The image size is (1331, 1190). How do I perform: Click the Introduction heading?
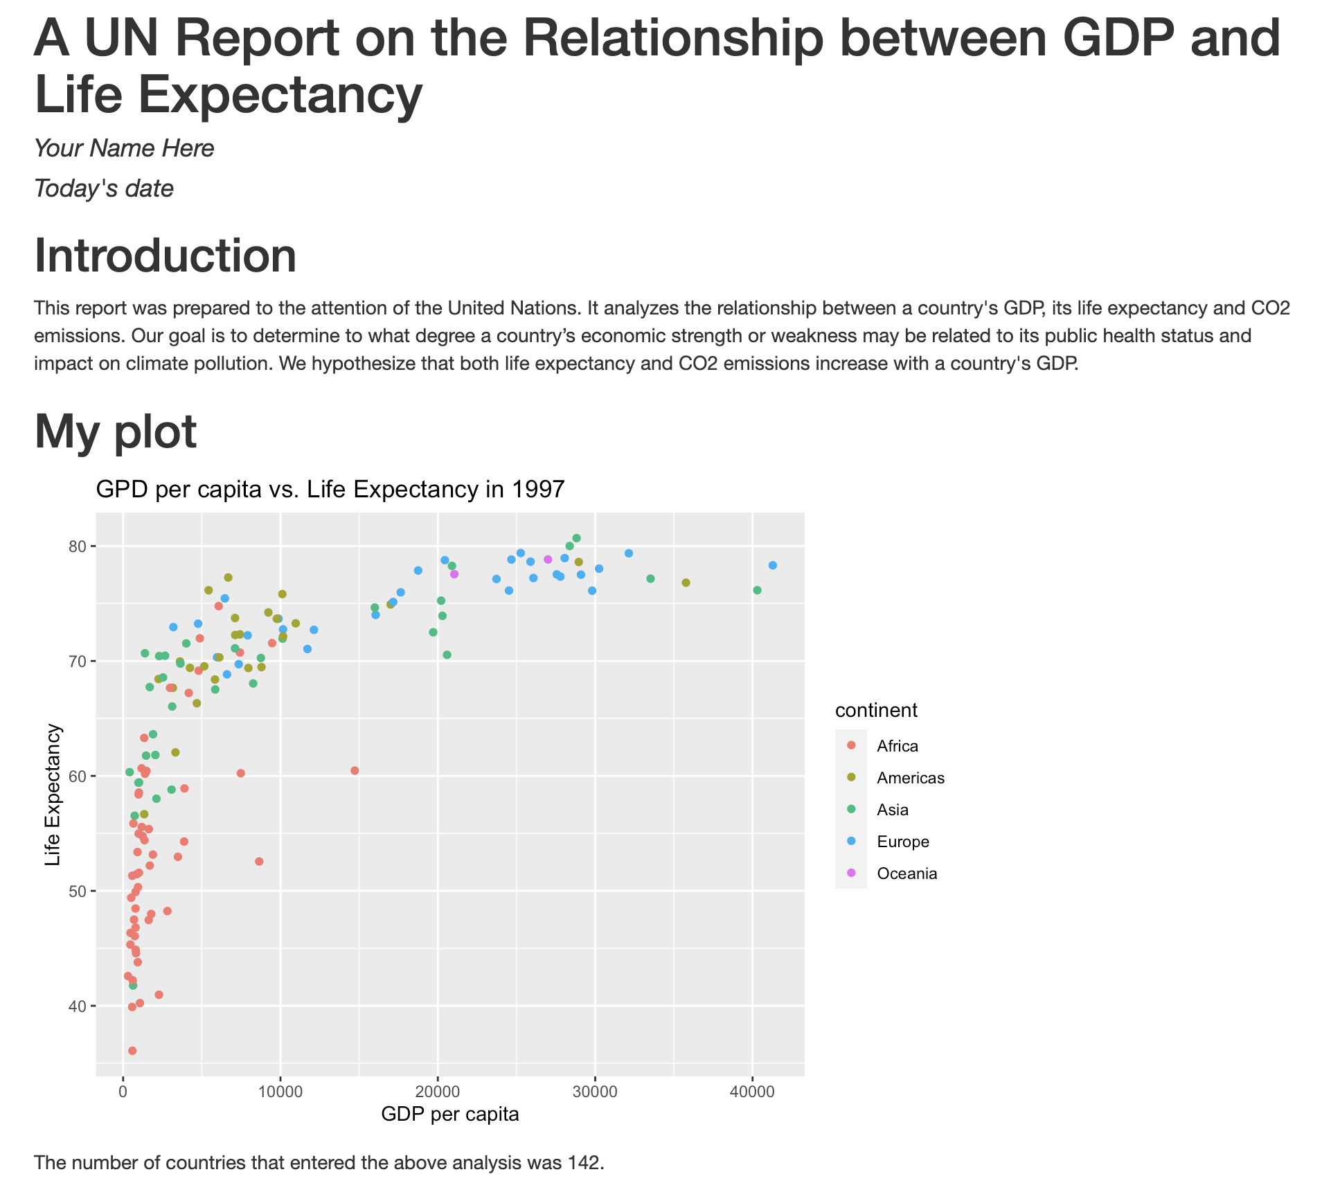166,256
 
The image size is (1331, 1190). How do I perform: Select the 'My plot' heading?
116,432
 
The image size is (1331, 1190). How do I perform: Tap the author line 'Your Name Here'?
124,148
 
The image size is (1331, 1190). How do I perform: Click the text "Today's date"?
104,188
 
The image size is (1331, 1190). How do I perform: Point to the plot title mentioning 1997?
331,490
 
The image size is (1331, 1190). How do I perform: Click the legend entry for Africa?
897,746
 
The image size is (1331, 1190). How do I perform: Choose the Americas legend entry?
910,778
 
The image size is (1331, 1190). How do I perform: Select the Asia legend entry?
892,810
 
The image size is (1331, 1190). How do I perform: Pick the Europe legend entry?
902,842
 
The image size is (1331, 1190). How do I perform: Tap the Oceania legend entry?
906,873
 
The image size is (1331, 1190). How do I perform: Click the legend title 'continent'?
876,710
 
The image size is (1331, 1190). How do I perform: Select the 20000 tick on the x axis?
437,1092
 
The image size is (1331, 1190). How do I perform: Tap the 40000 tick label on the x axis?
752,1092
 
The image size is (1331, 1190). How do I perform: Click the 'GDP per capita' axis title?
450,1114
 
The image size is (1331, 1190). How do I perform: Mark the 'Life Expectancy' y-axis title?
53,794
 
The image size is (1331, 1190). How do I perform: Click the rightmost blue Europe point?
773,565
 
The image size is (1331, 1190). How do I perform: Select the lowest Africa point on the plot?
132,1051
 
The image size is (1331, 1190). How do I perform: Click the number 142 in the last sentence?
585,1163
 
